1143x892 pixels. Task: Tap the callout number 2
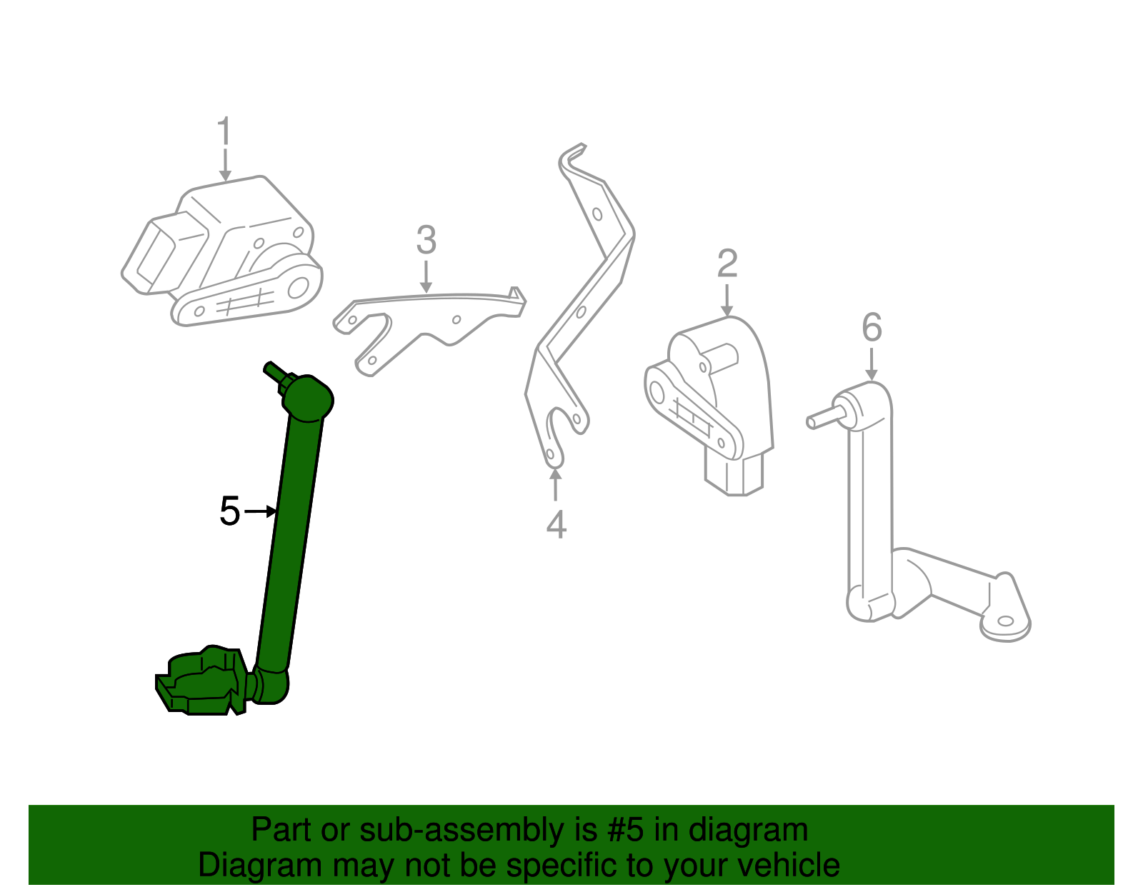[x=727, y=264]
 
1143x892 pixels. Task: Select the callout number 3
[x=426, y=241]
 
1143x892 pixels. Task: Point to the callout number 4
[x=556, y=525]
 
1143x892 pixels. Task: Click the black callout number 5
[x=229, y=511]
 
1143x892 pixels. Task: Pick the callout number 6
[x=872, y=328]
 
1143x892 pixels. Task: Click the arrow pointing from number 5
[x=261, y=511]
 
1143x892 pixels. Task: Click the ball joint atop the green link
[x=309, y=397]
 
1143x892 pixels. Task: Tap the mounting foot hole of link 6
[x=1007, y=621]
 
